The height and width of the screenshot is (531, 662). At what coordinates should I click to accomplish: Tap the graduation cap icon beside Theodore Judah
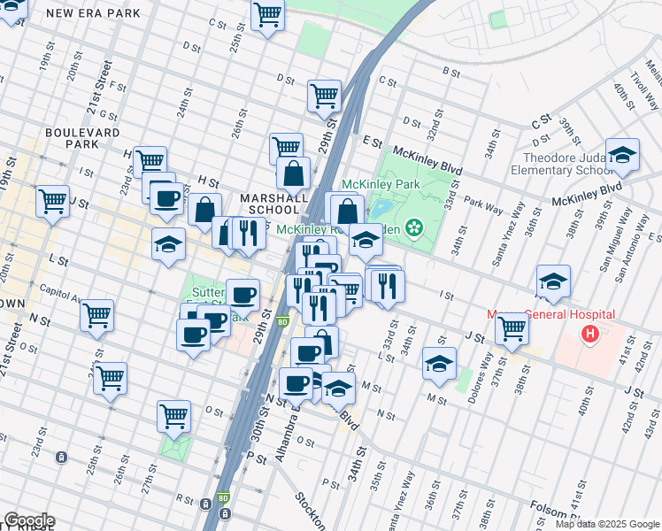pos(622,155)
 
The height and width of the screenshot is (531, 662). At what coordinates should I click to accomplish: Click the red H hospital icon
pos(589,335)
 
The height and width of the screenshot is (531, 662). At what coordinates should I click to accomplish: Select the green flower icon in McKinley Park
pos(413,228)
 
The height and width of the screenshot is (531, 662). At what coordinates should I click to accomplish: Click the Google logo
pos(29,520)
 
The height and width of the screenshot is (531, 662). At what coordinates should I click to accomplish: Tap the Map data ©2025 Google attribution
pos(607,524)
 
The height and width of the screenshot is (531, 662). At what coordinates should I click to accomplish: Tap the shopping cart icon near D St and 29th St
pos(324,96)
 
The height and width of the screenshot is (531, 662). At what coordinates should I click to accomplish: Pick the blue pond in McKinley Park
pos(381,209)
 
